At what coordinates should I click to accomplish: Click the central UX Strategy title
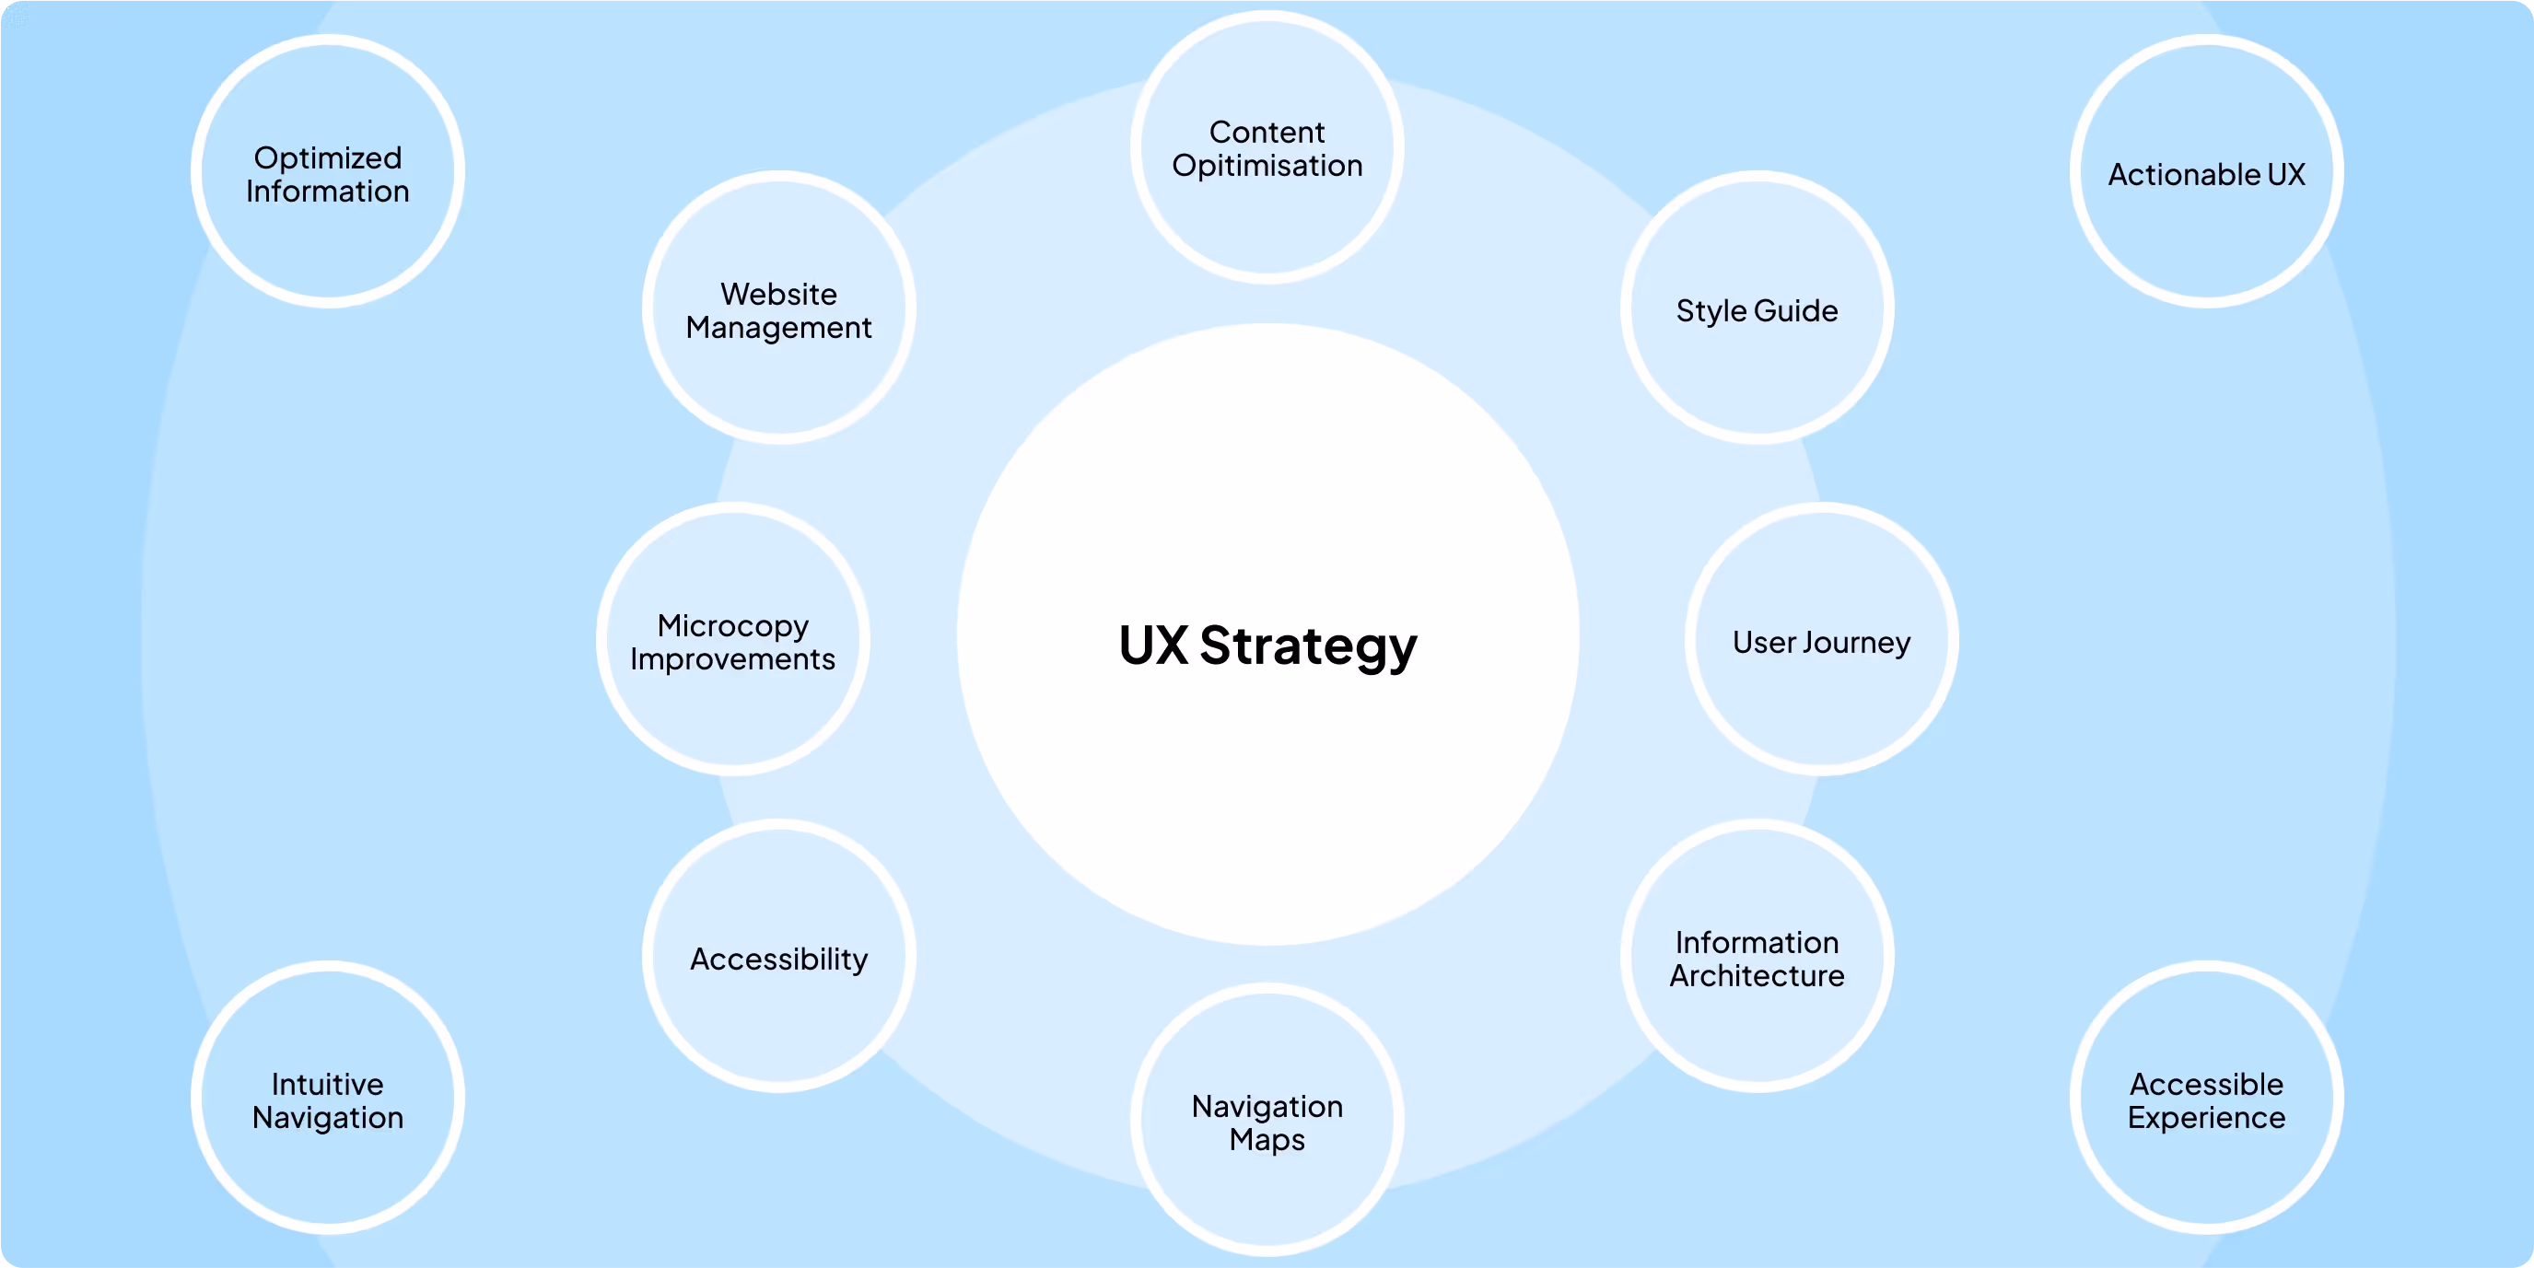pos(1268,646)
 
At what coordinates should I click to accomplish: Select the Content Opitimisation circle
pos(1267,147)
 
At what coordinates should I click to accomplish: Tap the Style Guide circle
pos(1757,308)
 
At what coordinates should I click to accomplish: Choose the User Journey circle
pos(1822,639)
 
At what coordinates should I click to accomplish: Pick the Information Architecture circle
pos(1757,956)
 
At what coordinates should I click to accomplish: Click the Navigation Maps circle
pos(1267,1120)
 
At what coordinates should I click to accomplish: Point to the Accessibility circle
pos(779,956)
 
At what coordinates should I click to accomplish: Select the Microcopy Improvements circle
pos(733,639)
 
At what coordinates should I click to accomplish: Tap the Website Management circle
pos(779,308)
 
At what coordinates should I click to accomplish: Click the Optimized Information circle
pos(328,171)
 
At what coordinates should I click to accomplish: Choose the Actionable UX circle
pos(2206,171)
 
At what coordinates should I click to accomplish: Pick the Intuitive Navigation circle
pos(328,1098)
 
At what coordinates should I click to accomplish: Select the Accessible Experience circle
pos(2206,1098)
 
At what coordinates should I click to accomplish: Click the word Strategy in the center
pos(1308,648)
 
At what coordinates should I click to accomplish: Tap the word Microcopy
pos(733,626)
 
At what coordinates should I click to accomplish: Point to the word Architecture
pos(1757,976)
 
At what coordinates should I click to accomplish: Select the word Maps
pos(1267,1141)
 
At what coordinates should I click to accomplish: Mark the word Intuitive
pos(328,1084)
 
